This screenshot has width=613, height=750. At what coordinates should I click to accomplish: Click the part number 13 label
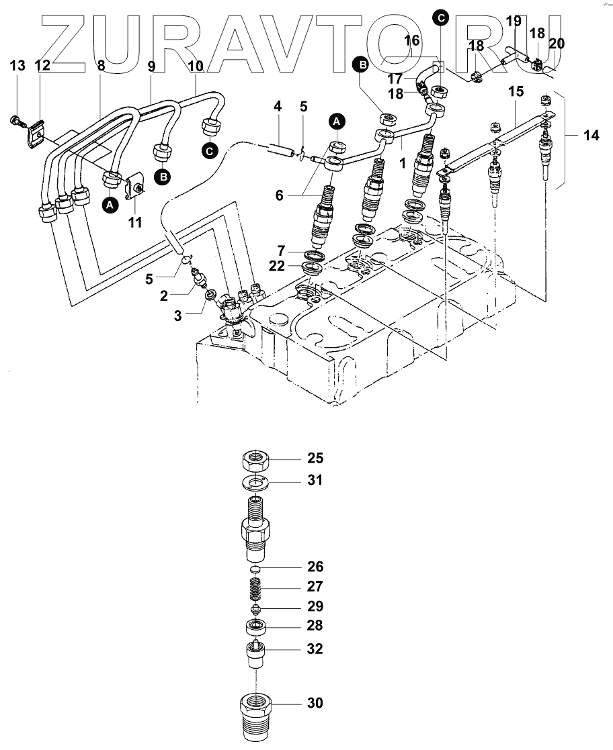coord(17,66)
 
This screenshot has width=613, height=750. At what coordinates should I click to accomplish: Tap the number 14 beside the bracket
coord(591,136)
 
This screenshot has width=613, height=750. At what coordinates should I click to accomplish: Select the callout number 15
coord(516,91)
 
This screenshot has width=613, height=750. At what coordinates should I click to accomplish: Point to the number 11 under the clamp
coord(135,222)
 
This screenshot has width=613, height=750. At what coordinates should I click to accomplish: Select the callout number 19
coord(514,21)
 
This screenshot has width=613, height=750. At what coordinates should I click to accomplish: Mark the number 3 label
coord(177,314)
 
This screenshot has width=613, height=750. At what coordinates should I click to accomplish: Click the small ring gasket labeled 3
coord(210,294)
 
